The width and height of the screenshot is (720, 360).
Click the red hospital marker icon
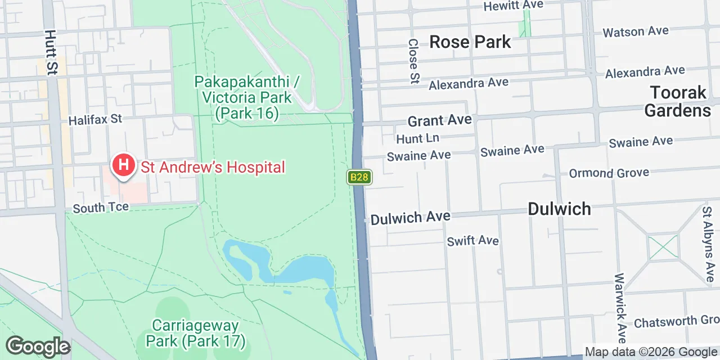123,165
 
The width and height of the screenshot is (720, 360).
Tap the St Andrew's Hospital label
213,167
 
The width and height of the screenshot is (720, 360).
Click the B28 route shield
359,177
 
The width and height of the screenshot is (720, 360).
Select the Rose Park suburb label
470,42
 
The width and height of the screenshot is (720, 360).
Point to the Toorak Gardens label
677,101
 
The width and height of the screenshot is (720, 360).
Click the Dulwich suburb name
559,209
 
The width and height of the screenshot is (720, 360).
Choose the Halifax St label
95,119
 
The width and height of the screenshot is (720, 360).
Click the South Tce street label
101,208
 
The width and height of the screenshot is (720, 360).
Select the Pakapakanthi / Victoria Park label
246,97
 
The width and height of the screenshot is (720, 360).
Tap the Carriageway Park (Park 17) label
195,333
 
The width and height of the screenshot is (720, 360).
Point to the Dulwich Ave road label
411,217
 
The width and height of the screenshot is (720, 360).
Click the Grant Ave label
439,120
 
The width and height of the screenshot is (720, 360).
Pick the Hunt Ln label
417,138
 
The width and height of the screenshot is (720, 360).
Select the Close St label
414,61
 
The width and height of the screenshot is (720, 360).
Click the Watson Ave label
636,31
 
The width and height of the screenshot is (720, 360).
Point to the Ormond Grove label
609,173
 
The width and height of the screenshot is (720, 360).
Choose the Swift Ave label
472,241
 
